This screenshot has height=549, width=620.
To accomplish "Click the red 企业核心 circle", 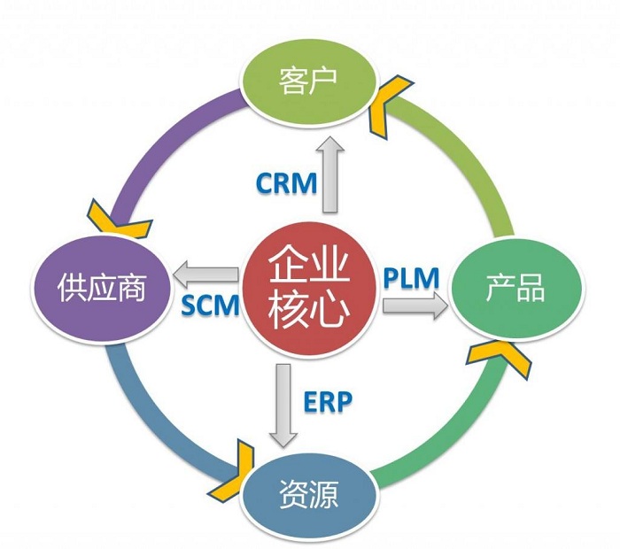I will coord(306,286).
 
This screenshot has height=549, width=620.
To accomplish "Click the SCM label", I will coord(210,305).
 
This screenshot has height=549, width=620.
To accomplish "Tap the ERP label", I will coord(327,400).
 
